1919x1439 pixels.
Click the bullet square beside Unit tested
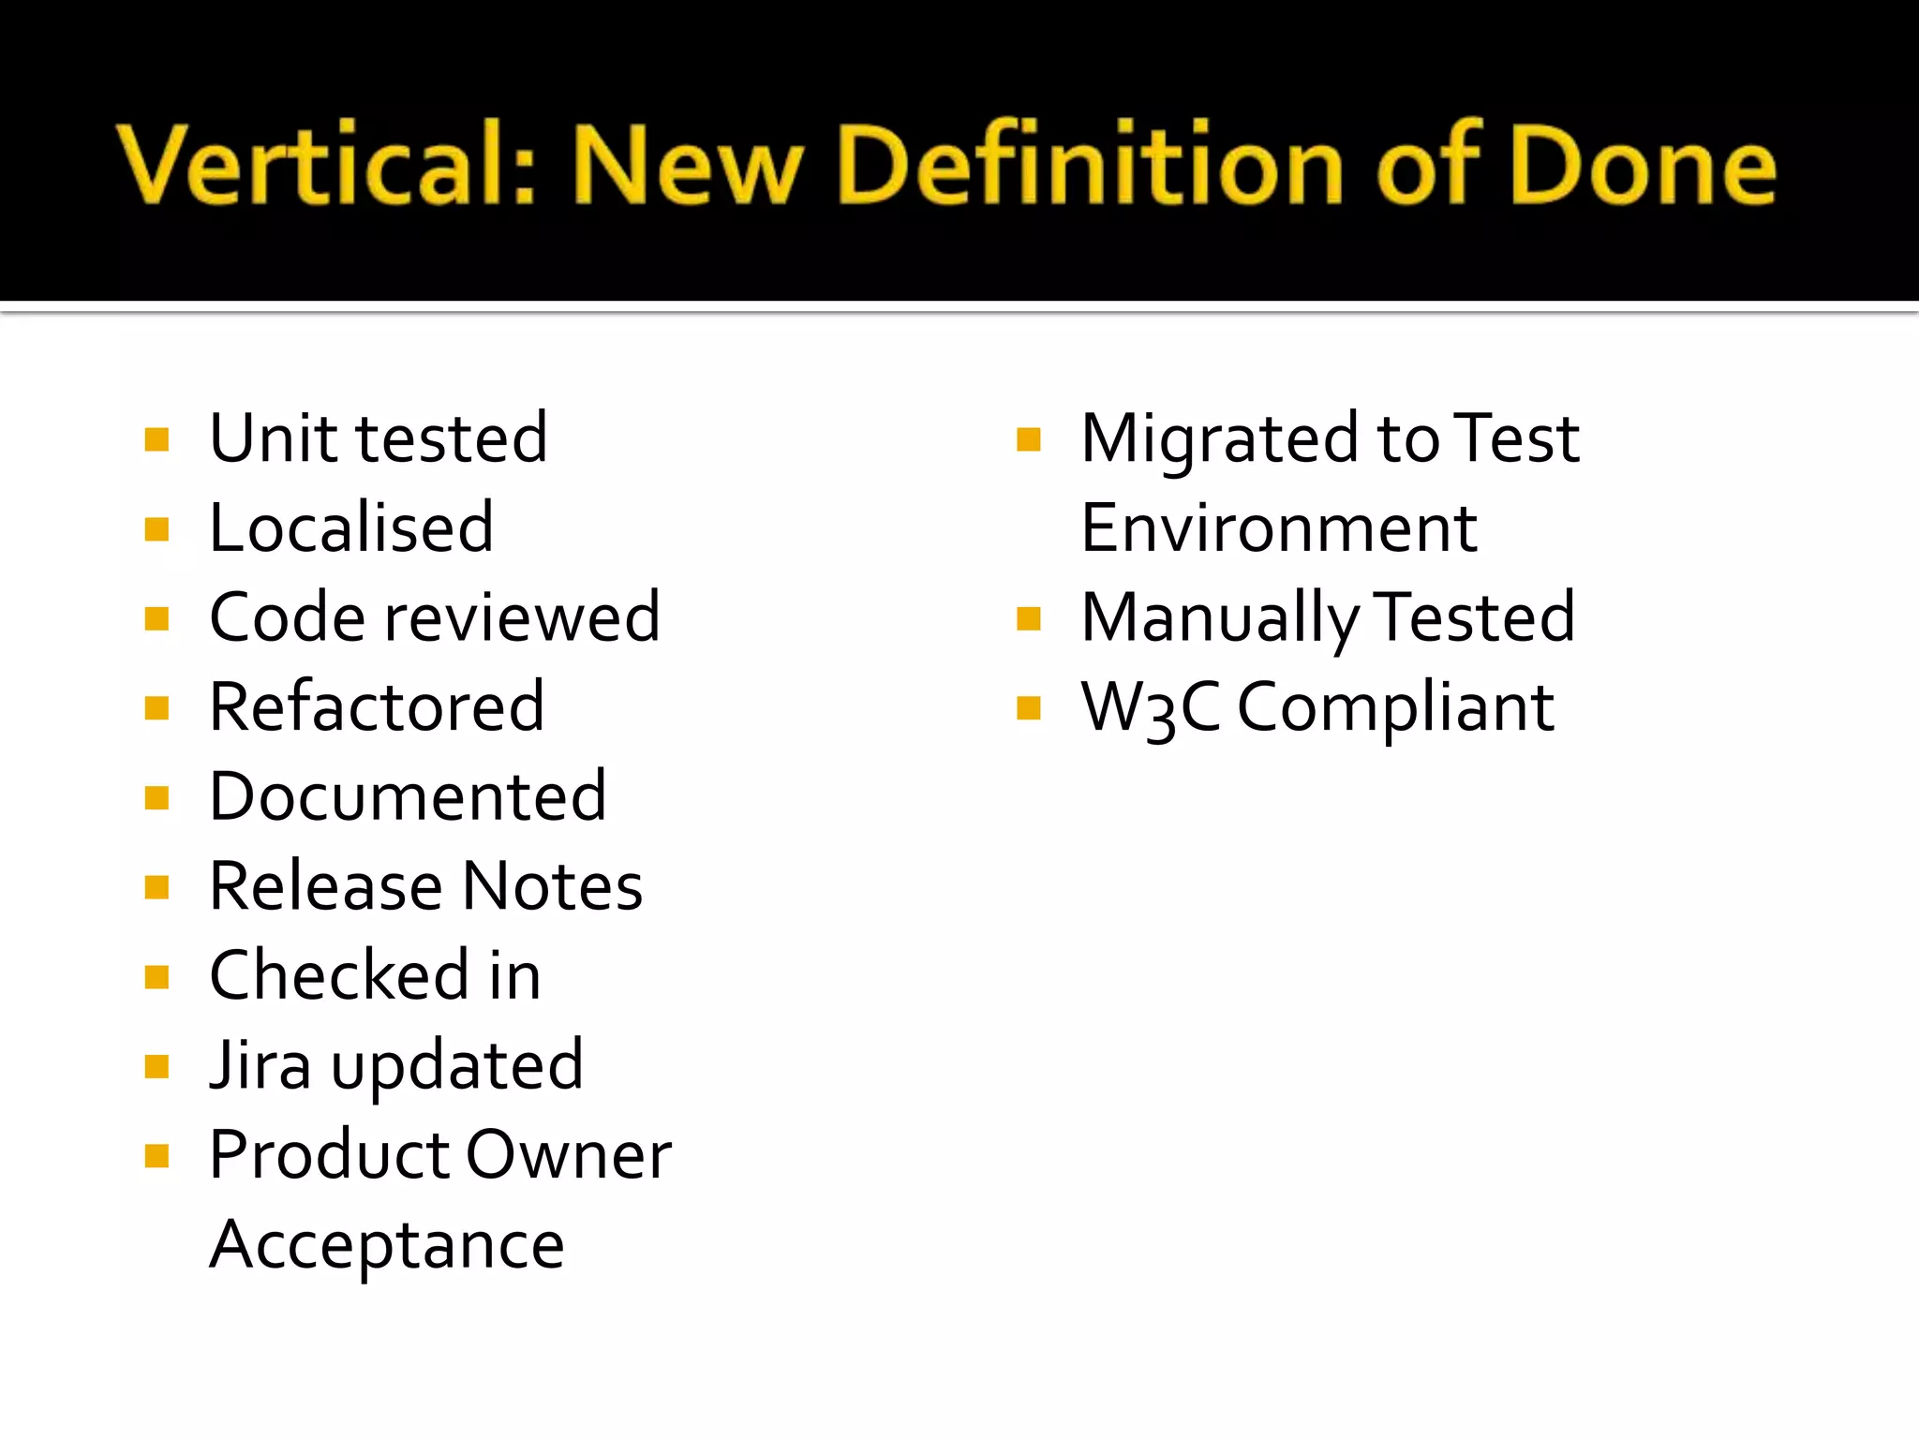click(157, 439)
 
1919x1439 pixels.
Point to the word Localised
click(351, 528)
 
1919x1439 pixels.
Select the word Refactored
click(377, 707)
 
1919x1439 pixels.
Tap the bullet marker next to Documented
click(157, 798)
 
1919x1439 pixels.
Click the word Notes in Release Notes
click(553, 886)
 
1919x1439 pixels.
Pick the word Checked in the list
click(338, 976)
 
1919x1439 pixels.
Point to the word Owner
click(569, 1155)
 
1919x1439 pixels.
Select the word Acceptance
click(387, 1245)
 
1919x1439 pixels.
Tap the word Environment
click(1279, 528)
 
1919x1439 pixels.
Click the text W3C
click(1151, 707)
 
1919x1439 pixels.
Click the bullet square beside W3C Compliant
click(1029, 708)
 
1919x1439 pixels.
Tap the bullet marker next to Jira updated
click(157, 1066)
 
